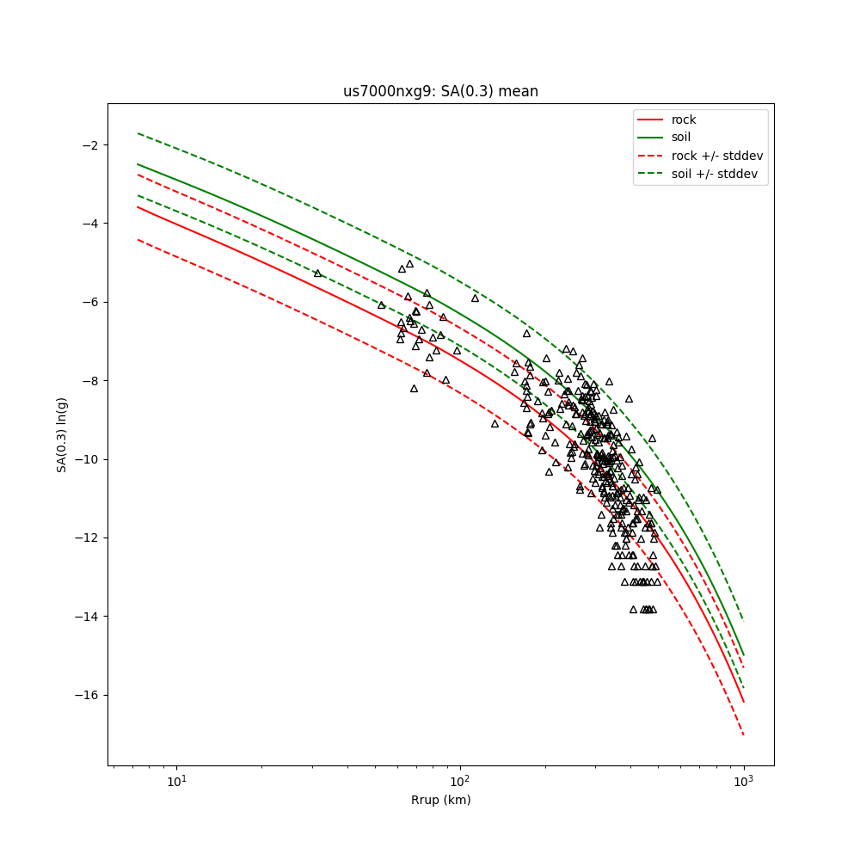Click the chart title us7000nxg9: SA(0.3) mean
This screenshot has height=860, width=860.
[x=440, y=91]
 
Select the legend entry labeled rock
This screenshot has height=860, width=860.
[x=684, y=120]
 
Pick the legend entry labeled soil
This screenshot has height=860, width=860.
[x=681, y=137]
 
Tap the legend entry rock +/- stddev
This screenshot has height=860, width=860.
[x=717, y=156]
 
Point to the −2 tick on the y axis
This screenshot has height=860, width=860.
[x=89, y=144]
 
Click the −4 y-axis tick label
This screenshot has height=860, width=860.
[x=89, y=224]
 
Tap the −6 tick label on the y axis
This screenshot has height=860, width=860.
[x=89, y=302]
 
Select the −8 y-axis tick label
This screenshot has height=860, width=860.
[x=89, y=380]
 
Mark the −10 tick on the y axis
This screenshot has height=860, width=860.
[x=86, y=459]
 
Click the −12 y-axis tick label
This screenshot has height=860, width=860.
[x=86, y=537]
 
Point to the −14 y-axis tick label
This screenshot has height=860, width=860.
[x=86, y=617]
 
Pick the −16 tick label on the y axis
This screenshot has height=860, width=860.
[x=86, y=695]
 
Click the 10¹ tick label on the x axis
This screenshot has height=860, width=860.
[x=176, y=780]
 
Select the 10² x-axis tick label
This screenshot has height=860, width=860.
[x=460, y=780]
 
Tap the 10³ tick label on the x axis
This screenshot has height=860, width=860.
[x=743, y=780]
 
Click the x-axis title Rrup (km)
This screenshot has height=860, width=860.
[x=440, y=800]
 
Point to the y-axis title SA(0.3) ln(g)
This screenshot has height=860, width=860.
[x=62, y=434]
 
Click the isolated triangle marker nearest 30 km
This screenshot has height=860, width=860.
[x=317, y=273]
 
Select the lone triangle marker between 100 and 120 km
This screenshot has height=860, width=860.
[x=475, y=298]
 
